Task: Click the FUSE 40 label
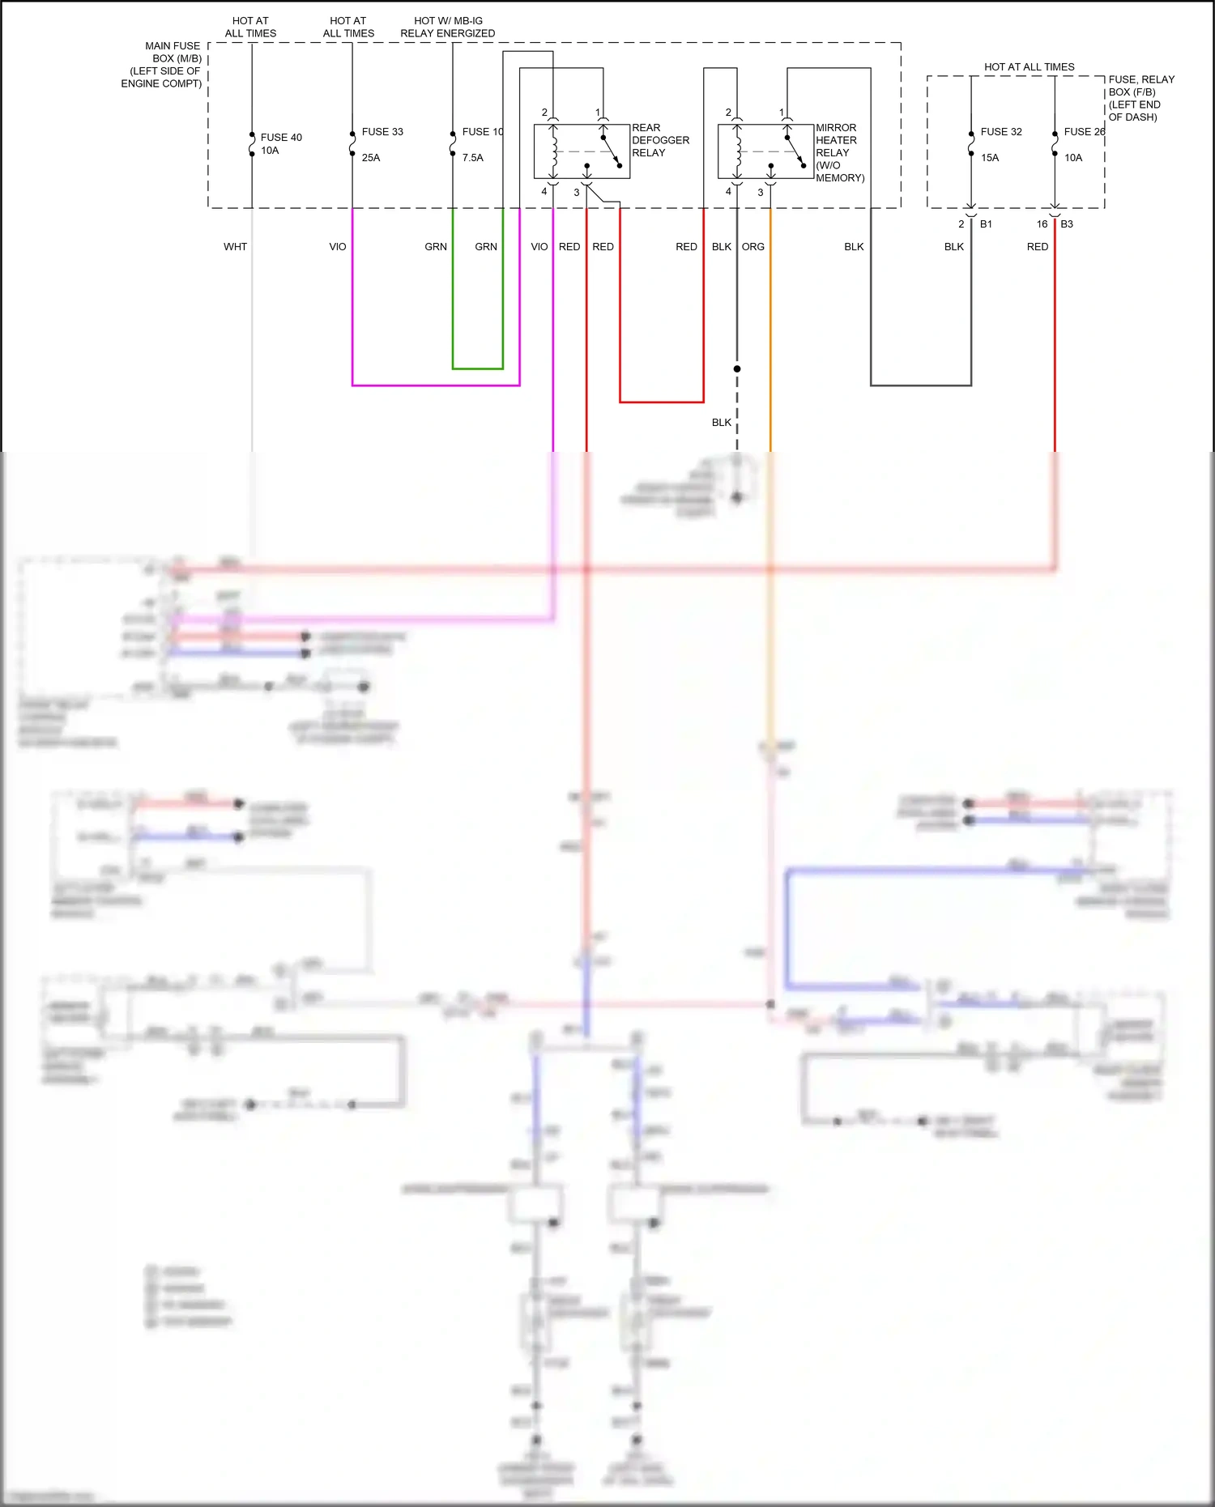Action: click(x=280, y=138)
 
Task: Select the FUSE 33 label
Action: click(x=382, y=132)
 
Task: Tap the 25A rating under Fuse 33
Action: click(x=370, y=158)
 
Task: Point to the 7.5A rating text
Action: click(x=472, y=158)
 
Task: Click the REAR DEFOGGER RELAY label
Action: click(x=659, y=140)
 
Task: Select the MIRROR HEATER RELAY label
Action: click(x=838, y=152)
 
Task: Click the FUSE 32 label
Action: click(x=1000, y=132)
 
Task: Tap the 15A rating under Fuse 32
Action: click(x=989, y=158)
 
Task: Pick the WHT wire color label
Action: click(x=235, y=247)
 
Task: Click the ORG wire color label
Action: click(x=752, y=247)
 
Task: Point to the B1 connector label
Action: click(x=986, y=224)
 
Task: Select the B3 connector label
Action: click(x=1067, y=224)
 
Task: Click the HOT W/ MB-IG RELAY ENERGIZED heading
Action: click(x=447, y=28)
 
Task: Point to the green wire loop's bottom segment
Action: click(x=478, y=368)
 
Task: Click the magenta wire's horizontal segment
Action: click(x=436, y=385)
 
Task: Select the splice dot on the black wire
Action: click(x=737, y=368)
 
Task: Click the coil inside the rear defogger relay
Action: click(x=554, y=151)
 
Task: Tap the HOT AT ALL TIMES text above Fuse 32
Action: click(x=1029, y=67)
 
